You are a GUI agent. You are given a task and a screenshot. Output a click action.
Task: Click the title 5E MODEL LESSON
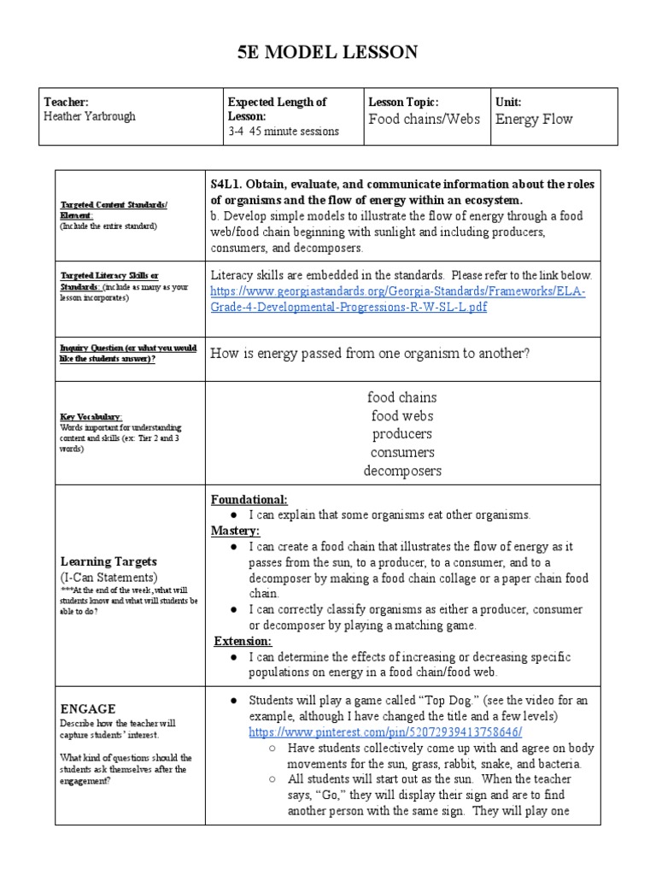[x=328, y=53]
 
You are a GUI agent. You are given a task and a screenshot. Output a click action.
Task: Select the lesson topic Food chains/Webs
[x=424, y=119]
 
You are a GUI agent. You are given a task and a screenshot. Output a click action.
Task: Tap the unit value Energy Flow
[x=534, y=119]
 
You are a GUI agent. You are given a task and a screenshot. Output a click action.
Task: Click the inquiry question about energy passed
[x=370, y=353]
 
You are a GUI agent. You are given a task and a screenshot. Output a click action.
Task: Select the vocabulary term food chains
[x=401, y=397]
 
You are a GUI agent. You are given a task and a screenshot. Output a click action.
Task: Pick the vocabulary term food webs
[x=401, y=415]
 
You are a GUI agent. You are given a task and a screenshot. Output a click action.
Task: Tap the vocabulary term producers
[x=401, y=434]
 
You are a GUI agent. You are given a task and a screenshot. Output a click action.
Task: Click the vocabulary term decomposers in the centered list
[x=401, y=471]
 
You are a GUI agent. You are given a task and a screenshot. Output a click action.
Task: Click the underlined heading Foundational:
[x=249, y=499]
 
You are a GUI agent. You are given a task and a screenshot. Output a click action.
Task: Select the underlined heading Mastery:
[x=236, y=531]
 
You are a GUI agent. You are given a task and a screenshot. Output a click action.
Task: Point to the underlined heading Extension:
[x=242, y=640]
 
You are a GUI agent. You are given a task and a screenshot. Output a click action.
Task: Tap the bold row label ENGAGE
[x=88, y=708]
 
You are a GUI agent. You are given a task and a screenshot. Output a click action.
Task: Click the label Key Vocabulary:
[x=93, y=417]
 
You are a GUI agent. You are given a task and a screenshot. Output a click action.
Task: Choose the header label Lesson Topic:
[x=403, y=102]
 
